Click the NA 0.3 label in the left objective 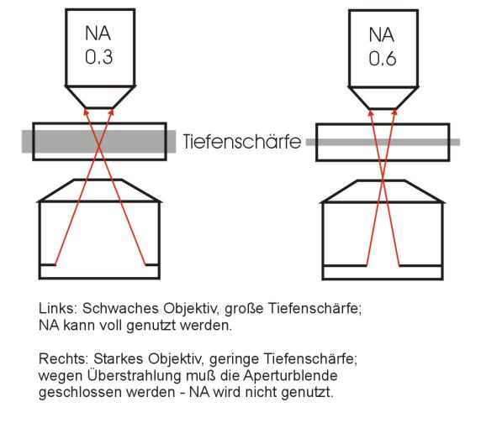point(98,45)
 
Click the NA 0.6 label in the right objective point(383,46)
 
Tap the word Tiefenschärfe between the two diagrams point(241,142)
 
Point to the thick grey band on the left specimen point(98,141)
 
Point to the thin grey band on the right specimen point(383,142)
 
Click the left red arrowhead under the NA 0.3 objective point(87,112)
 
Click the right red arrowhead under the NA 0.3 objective point(111,112)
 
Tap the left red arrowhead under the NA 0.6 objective point(371,112)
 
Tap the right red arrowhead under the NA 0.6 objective point(394,112)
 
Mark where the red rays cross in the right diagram point(383,181)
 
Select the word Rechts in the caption point(64,358)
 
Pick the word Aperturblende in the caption point(290,376)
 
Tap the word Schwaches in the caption point(120,308)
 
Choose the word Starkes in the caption point(119,358)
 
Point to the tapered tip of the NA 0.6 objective point(383,98)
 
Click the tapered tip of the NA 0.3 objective point(100,97)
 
